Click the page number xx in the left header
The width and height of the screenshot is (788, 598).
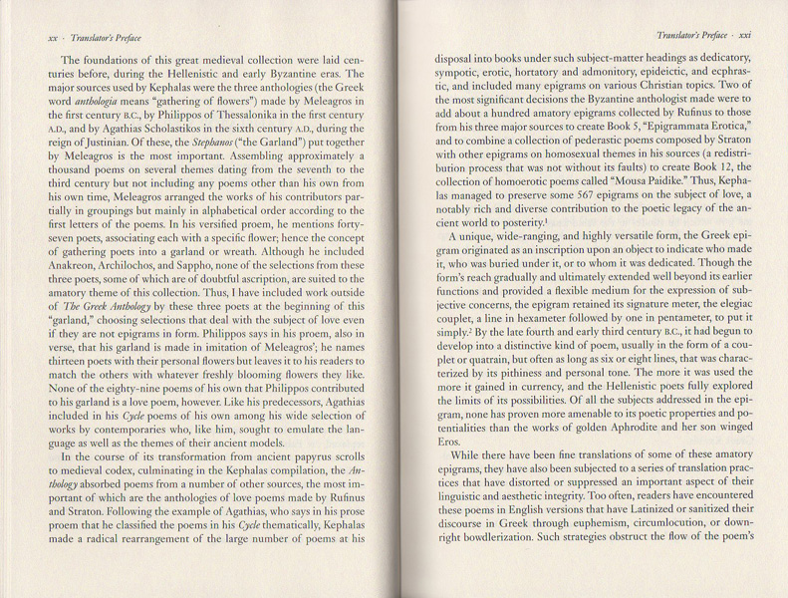pos(53,38)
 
